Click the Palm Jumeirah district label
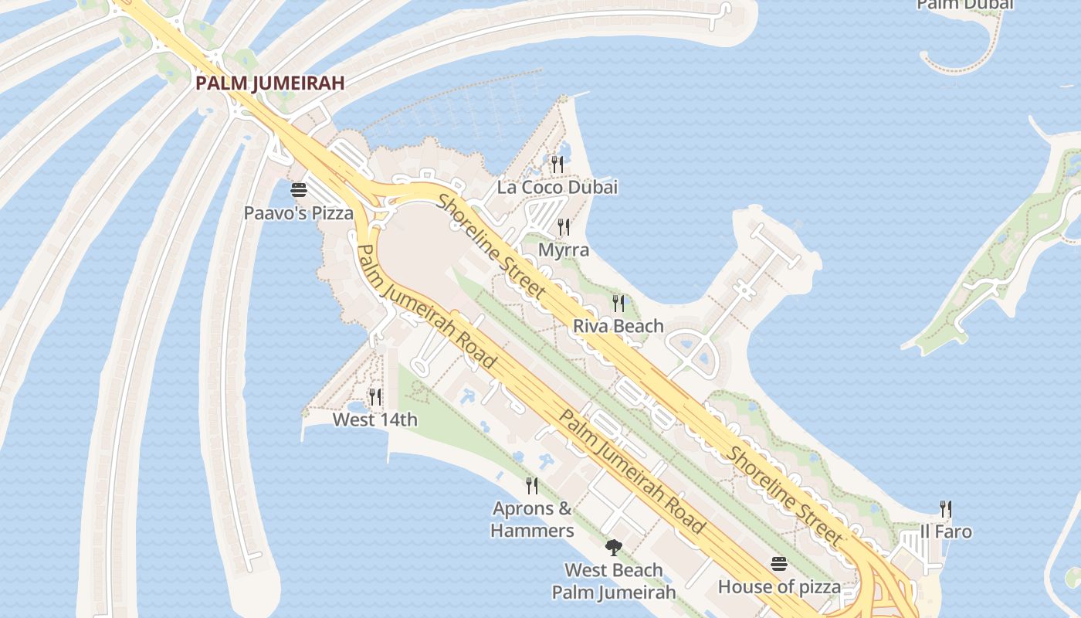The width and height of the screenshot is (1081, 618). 269,83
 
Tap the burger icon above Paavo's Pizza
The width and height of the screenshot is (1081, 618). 299,190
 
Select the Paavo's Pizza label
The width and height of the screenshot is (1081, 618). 299,213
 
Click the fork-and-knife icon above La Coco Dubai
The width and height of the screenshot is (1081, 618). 557,164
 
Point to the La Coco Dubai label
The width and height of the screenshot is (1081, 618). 557,188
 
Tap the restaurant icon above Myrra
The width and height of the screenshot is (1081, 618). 564,227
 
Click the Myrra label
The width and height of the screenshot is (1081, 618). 564,250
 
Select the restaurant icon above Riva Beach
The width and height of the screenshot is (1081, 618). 618,303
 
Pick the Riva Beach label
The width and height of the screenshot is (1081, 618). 618,326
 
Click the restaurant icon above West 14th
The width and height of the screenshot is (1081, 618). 375,397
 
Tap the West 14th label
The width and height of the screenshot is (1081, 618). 375,420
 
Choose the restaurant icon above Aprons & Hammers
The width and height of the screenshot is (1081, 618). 532,486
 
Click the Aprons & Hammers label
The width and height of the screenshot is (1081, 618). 533,520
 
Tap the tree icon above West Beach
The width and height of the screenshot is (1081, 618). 614,548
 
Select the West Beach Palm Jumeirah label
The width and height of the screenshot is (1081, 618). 614,582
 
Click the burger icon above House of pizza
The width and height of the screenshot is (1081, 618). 778,564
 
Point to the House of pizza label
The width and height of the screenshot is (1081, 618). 779,587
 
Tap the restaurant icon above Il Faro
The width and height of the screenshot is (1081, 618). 946,509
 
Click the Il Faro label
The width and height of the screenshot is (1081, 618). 946,532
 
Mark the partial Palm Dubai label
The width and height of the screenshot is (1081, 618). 964,5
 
